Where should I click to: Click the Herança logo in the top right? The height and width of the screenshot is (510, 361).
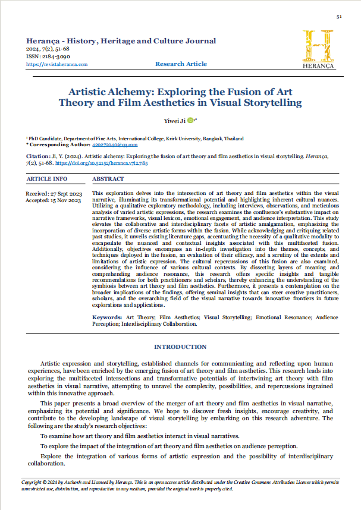318,49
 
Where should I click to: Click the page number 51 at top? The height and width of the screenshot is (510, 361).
338,17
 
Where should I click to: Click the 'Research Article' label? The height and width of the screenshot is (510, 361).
181,64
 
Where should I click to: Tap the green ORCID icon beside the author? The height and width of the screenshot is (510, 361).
190,121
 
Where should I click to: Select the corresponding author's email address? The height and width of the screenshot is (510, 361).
115,144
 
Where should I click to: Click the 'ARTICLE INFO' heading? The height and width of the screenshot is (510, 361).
47,178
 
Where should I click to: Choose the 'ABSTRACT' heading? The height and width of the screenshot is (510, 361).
108,178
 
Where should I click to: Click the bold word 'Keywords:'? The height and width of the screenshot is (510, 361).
107,318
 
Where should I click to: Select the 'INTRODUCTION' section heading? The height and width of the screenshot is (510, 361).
180,347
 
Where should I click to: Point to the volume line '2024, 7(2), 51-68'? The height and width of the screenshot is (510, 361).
52,49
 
